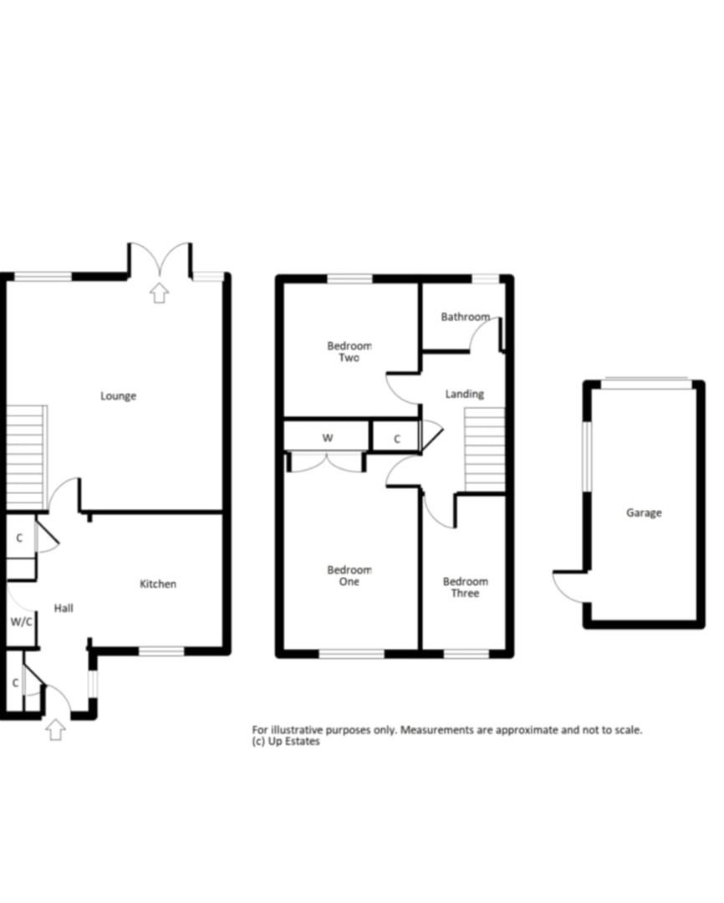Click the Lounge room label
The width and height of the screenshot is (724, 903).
(x=118, y=396)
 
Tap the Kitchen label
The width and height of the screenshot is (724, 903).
(x=157, y=584)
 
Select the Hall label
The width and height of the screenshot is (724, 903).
(x=64, y=609)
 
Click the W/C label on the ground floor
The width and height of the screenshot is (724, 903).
(x=21, y=622)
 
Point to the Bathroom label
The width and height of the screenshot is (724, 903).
(x=465, y=318)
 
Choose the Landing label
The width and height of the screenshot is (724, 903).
(x=464, y=394)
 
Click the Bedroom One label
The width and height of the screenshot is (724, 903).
(x=349, y=576)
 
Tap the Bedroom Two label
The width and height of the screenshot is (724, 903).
(x=349, y=352)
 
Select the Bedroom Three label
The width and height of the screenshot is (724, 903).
(x=465, y=588)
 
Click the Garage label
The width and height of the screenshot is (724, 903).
(x=644, y=513)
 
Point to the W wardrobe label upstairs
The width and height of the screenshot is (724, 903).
(x=328, y=438)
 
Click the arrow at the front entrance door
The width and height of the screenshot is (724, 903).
(x=56, y=729)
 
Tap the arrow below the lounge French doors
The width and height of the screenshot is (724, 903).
(x=159, y=293)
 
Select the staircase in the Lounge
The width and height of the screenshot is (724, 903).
(x=26, y=457)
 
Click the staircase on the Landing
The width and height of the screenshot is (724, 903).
(x=485, y=448)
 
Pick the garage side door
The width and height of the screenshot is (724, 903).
(x=569, y=584)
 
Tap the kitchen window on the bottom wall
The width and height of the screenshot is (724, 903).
(x=161, y=650)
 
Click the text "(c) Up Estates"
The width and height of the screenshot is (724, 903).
(x=286, y=742)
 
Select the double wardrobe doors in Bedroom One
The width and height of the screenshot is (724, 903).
(x=326, y=462)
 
